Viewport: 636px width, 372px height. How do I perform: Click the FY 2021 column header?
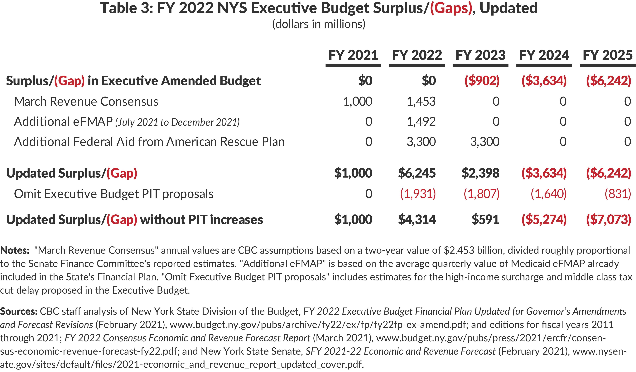353,55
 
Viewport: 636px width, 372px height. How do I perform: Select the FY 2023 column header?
480,55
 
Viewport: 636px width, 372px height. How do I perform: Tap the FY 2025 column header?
607,55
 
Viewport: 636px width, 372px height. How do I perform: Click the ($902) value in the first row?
482,81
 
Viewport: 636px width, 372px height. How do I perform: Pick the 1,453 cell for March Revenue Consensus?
421,101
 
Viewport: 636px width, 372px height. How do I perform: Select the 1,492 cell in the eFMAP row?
421,122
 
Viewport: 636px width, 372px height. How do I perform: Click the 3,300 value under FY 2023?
485,142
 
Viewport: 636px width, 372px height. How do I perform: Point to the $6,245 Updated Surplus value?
417,173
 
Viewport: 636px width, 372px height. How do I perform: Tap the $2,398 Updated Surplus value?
480,173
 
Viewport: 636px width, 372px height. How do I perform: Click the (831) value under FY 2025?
618,194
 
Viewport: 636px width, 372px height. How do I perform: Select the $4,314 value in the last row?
417,219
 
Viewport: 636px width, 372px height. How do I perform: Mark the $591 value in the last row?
485,219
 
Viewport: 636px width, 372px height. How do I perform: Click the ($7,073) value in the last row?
609,219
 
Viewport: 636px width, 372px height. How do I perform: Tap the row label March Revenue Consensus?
86,101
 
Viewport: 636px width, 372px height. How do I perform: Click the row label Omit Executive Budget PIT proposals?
114,194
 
